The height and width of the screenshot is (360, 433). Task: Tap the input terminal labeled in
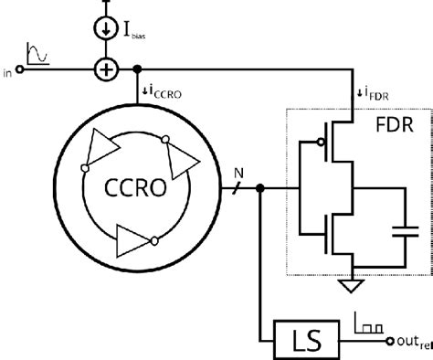(x=20, y=69)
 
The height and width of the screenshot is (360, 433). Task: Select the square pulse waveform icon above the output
(x=368, y=322)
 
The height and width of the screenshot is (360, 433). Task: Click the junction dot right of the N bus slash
(x=262, y=189)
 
